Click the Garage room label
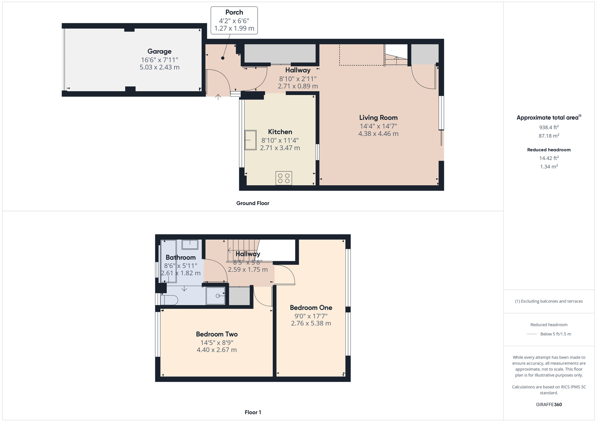[159, 51]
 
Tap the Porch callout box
[234, 20]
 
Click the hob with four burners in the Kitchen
[284, 178]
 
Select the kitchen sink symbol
[250, 140]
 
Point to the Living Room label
[378, 118]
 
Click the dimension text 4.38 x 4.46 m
[378, 134]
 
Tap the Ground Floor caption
[253, 203]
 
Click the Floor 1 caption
[253, 412]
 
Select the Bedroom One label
[311, 307]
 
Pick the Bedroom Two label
[217, 334]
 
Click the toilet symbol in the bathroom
[169, 300]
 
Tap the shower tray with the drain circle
[216, 296]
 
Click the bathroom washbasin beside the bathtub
[190, 244]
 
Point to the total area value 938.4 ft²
[549, 127]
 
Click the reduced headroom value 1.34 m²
[549, 167]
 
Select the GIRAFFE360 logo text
[549, 404]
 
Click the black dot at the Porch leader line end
[223, 58]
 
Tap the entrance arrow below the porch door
[218, 97]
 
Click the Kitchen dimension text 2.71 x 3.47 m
[280, 148]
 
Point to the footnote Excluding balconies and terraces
[549, 301]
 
